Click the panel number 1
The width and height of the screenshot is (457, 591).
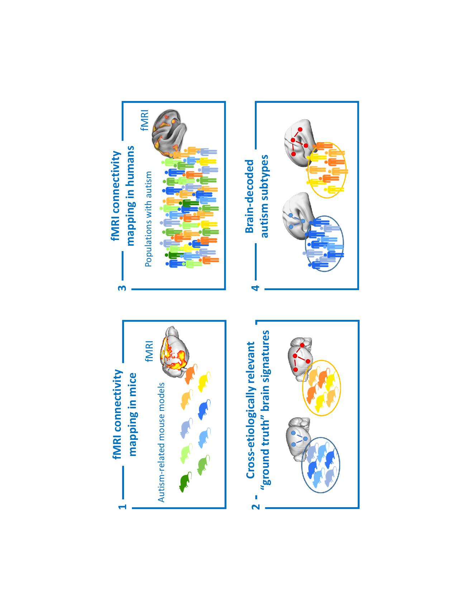(x=123, y=506)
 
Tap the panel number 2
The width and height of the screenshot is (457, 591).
(x=256, y=507)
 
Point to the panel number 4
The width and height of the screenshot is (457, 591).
(x=256, y=288)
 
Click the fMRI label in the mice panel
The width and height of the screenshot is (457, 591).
(x=149, y=351)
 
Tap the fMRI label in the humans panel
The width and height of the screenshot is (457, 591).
(x=144, y=120)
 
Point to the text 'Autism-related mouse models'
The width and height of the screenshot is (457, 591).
(x=161, y=442)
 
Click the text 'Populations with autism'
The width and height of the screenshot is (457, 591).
(x=149, y=219)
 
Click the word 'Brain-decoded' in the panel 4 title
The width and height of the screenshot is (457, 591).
(x=249, y=196)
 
